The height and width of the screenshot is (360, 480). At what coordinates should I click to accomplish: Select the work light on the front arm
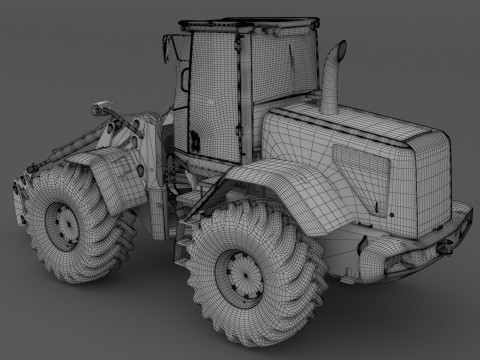pyautogui.click(x=100, y=104)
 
